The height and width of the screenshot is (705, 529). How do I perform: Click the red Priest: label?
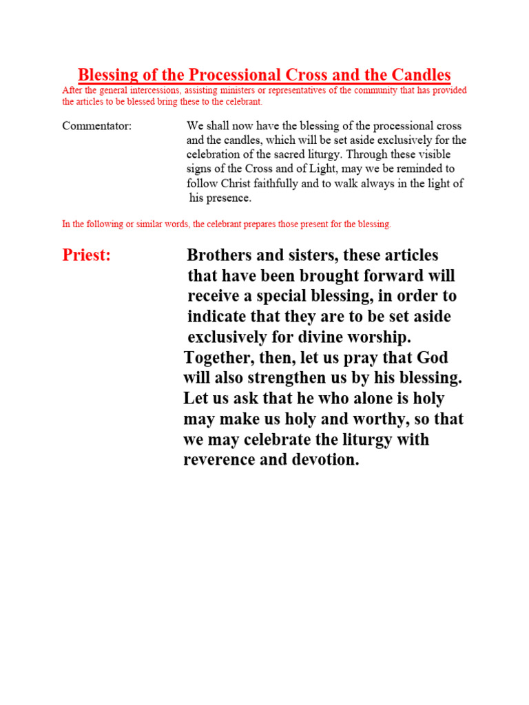(x=86, y=255)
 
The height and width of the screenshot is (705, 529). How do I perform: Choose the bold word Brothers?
(x=219, y=255)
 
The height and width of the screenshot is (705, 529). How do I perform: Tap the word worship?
(x=378, y=337)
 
